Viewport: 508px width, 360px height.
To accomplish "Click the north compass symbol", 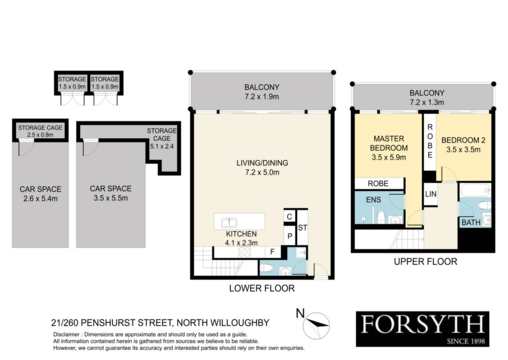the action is [316, 325].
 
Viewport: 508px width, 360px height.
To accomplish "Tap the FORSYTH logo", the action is [423, 329].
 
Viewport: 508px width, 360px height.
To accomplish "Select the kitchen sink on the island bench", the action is [229, 223].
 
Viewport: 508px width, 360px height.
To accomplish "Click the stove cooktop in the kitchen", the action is [244, 252].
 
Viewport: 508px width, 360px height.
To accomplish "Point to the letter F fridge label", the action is [272, 251].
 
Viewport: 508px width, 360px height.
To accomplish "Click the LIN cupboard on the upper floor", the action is [431, 194].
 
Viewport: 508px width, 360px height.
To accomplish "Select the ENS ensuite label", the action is [374, 200].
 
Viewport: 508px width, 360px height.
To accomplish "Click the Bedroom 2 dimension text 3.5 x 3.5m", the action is [463, 150].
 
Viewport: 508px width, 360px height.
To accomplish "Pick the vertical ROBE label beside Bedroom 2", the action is [430, 141].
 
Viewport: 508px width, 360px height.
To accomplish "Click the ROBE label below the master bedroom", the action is [378, 183].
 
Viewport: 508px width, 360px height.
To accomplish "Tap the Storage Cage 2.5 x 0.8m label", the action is [40, 131].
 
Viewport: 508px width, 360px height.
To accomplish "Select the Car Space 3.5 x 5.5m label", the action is [111, 193].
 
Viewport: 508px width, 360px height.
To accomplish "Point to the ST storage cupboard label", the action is [302, 228].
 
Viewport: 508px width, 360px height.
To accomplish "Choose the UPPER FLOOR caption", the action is [425, 262].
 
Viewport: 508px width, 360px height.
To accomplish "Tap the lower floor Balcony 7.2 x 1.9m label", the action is [262, 92].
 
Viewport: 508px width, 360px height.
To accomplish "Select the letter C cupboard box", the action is [290, 217].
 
